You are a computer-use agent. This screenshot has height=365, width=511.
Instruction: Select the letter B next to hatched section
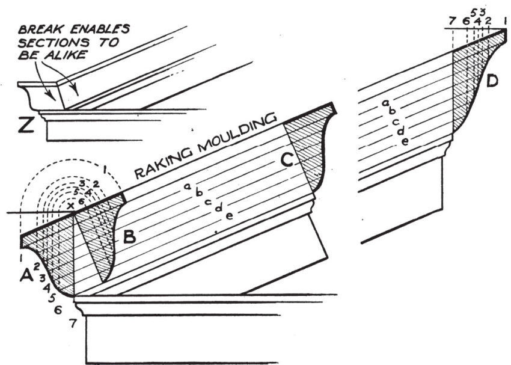pos(129,237)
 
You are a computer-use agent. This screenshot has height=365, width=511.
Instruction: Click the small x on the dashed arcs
pos(72,205)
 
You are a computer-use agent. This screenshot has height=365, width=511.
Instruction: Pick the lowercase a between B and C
pos(188,187)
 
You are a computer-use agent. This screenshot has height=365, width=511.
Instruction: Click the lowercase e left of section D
pos(405,142)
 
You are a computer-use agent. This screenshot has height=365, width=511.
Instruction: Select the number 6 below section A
pos(58,310)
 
